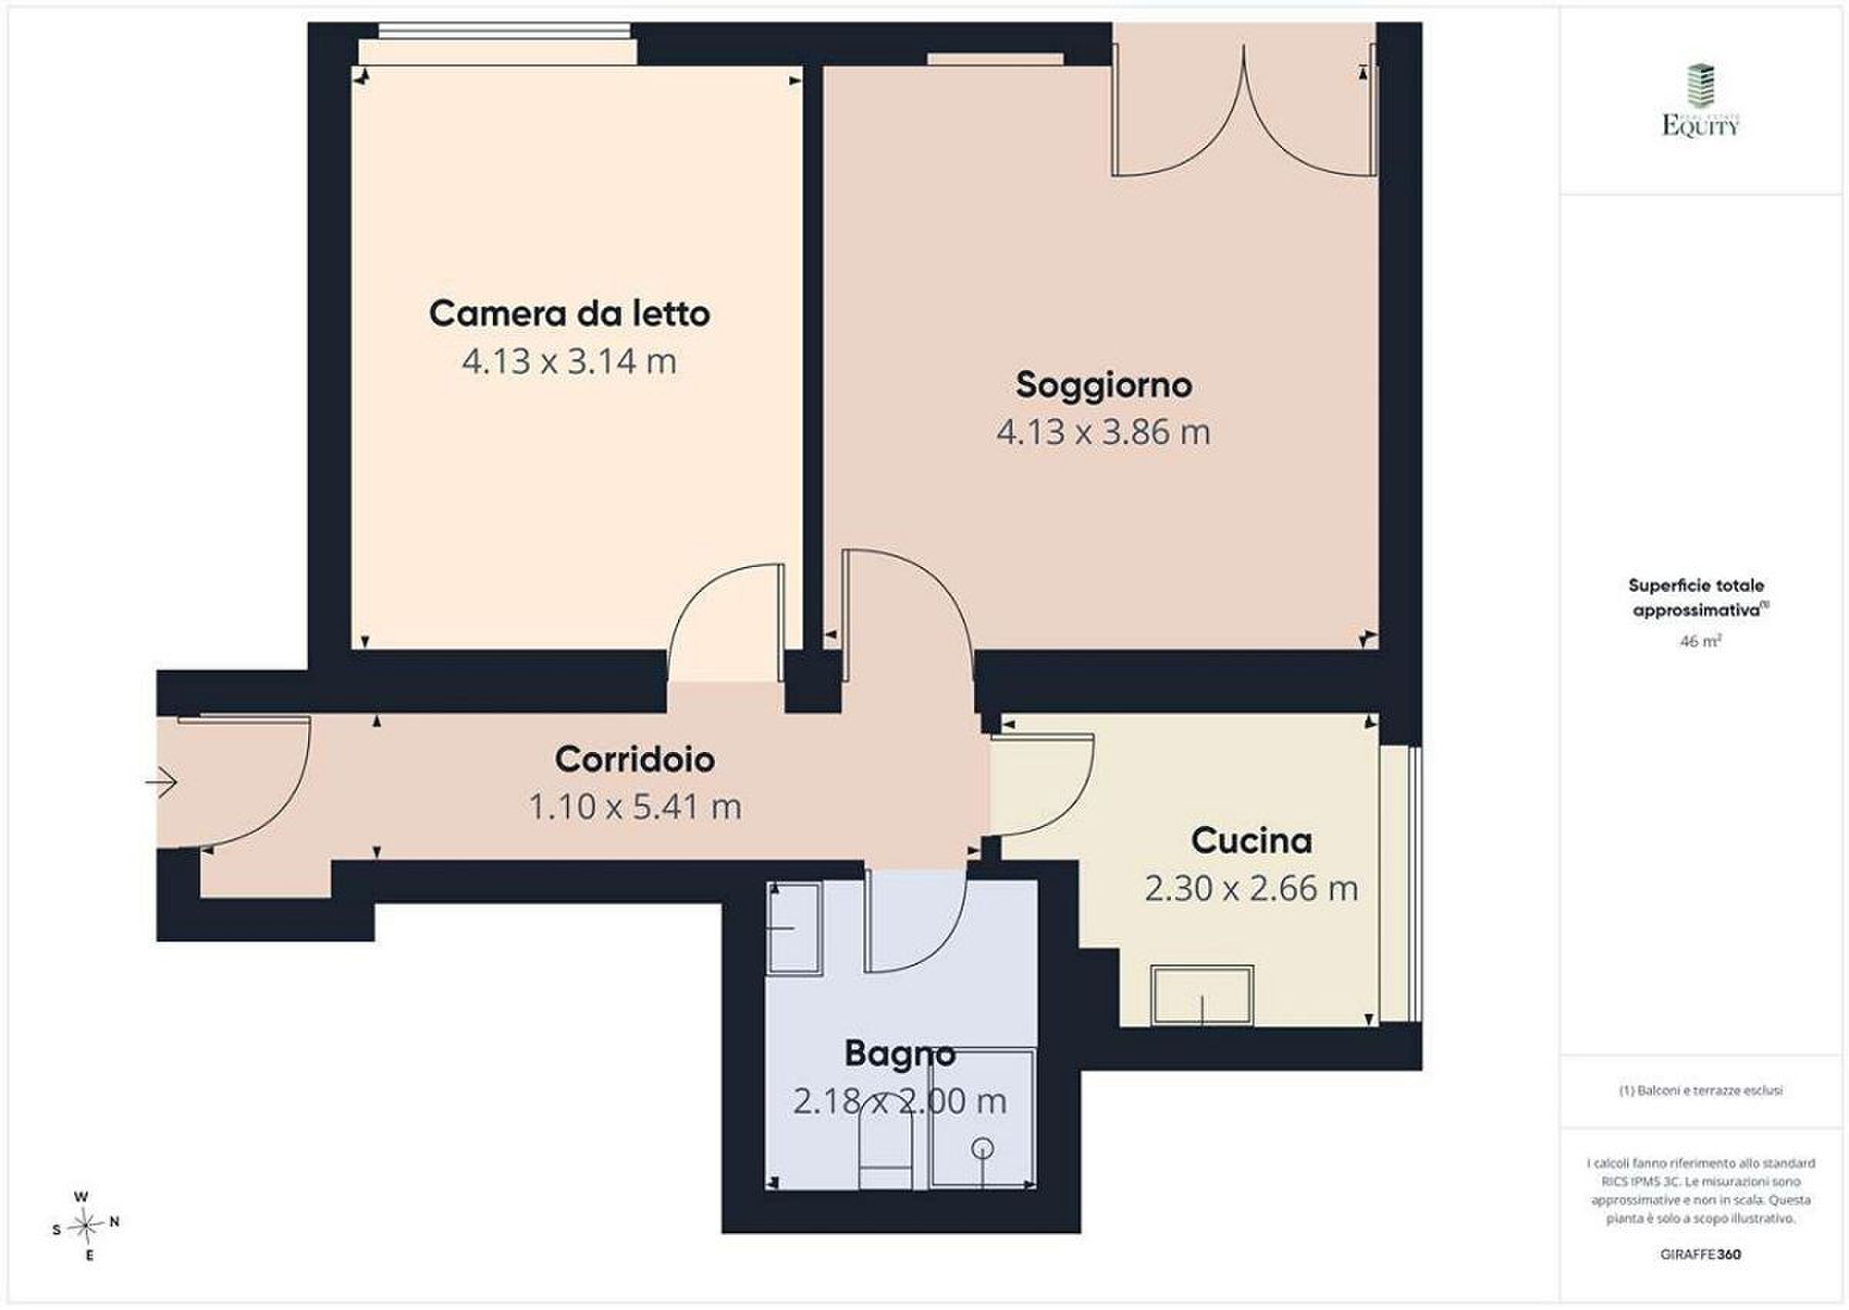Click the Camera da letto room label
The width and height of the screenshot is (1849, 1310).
569,313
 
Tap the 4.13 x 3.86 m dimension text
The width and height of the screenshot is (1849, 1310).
1103,432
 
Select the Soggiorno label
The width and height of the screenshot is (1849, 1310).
1103,385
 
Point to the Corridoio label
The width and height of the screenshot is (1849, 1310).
635,759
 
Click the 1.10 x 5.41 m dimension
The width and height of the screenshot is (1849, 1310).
635,807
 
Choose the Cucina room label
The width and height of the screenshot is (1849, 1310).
1251,841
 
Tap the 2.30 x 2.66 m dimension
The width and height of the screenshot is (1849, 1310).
1251,888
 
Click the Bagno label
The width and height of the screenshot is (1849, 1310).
900,1053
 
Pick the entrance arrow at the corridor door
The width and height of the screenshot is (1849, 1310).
161,781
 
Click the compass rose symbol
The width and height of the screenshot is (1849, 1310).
86,1226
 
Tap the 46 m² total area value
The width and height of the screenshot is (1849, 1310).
1700,642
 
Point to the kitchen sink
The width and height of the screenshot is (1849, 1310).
1203,996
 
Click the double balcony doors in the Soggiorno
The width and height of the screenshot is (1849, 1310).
1244,110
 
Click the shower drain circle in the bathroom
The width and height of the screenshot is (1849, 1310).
983,1147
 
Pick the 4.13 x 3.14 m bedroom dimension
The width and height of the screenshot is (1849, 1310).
569,361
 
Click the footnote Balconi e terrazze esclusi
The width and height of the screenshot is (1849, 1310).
1700,1090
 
